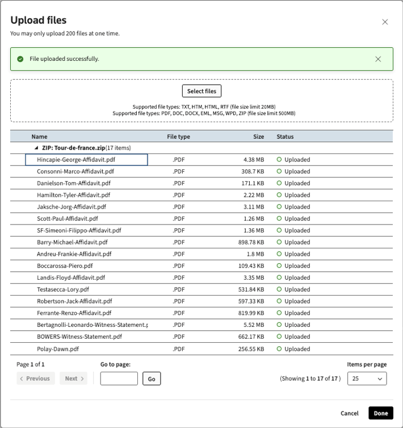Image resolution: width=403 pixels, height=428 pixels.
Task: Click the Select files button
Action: pos(201,91)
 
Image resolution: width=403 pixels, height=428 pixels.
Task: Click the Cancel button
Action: pos(350,413)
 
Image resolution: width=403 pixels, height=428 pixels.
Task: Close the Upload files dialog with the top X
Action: pos(385,22)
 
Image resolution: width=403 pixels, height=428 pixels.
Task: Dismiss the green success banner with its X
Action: pos(379,59)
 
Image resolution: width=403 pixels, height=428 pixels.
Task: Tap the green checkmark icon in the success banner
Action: pos(20,59)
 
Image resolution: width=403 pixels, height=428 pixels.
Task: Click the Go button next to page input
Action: pos(152,379)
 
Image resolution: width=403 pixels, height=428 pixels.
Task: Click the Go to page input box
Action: pos(119,379)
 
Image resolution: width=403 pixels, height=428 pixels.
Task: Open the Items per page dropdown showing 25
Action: pos(366,379)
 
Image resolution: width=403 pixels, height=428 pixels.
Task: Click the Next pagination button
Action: pos(73,379)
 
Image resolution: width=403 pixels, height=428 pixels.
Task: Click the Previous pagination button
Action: pos(35,379)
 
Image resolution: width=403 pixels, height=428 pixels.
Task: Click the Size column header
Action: pos(258,136)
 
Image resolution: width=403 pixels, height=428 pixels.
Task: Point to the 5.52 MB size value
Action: pos(253,325)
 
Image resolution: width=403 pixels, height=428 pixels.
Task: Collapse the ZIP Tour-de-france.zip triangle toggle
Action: pos(37,148)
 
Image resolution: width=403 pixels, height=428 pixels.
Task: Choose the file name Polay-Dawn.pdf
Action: pos(58,349)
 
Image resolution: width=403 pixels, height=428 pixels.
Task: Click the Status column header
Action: pos(285,136)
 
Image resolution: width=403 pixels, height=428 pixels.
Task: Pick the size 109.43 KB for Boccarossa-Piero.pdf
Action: pos(251,266)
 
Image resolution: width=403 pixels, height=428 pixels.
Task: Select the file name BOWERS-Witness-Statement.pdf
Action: pos(79,337)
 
